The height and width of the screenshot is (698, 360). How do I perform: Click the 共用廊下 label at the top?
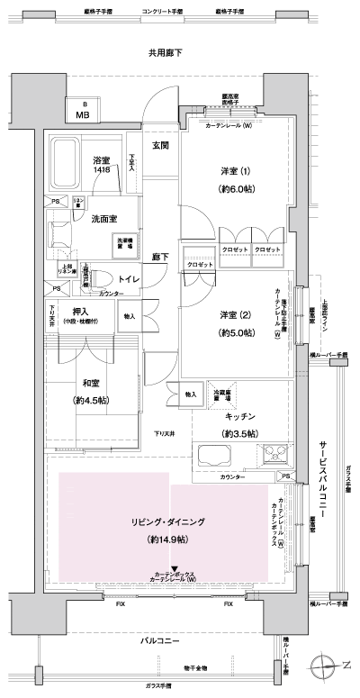point(165,54)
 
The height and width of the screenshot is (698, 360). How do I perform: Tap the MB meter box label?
point(82,114)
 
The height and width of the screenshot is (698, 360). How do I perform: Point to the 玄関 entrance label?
point(161,145)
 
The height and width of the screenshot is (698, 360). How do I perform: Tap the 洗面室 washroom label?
point(103,218)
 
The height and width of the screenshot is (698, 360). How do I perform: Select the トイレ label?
point(129,280)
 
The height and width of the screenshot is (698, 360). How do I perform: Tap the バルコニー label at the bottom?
point(165,640)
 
